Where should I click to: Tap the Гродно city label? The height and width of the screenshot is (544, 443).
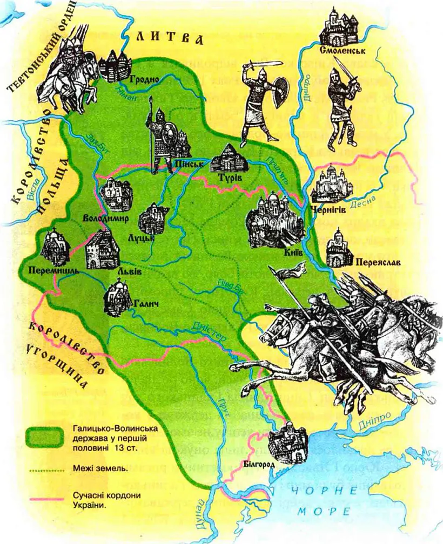(x=144, y=79)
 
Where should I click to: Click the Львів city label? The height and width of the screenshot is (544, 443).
(x=132, y=271)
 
